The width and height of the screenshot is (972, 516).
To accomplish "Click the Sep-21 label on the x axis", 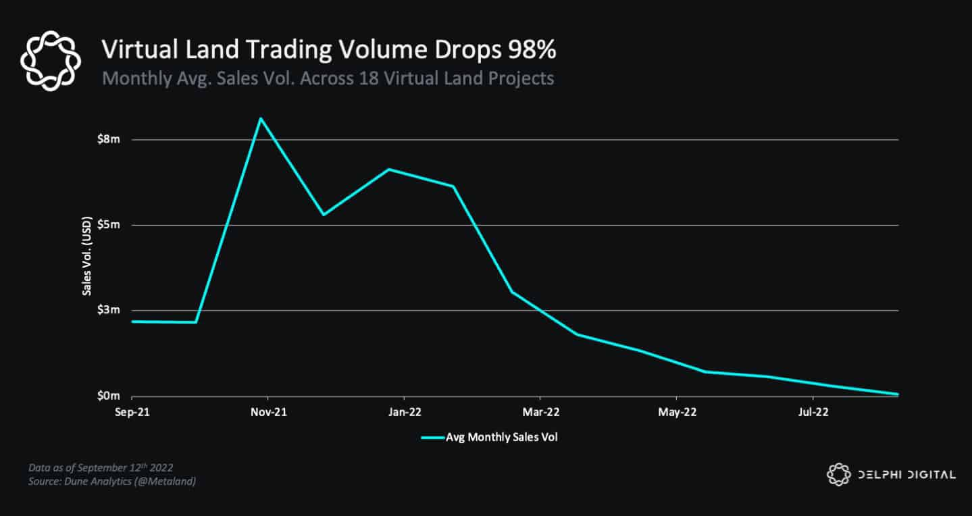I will [132, 411].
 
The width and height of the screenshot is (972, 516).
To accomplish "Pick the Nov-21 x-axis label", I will [268, 411].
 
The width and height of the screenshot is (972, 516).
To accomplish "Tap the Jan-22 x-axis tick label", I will [404, 411].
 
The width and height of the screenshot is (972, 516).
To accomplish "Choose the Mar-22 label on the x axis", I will [540, 411].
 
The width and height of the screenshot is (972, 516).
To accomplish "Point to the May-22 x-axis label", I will [676, 411].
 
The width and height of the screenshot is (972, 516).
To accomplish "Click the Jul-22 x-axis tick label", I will [811, 411].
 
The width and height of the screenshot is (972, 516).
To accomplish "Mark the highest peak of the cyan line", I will [261, 119].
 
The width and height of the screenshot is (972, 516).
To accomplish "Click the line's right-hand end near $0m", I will [898, 394].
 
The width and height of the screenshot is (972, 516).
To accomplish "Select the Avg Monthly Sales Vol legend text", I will [501, 437].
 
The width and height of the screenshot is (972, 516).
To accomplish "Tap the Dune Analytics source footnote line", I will [112, 481].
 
